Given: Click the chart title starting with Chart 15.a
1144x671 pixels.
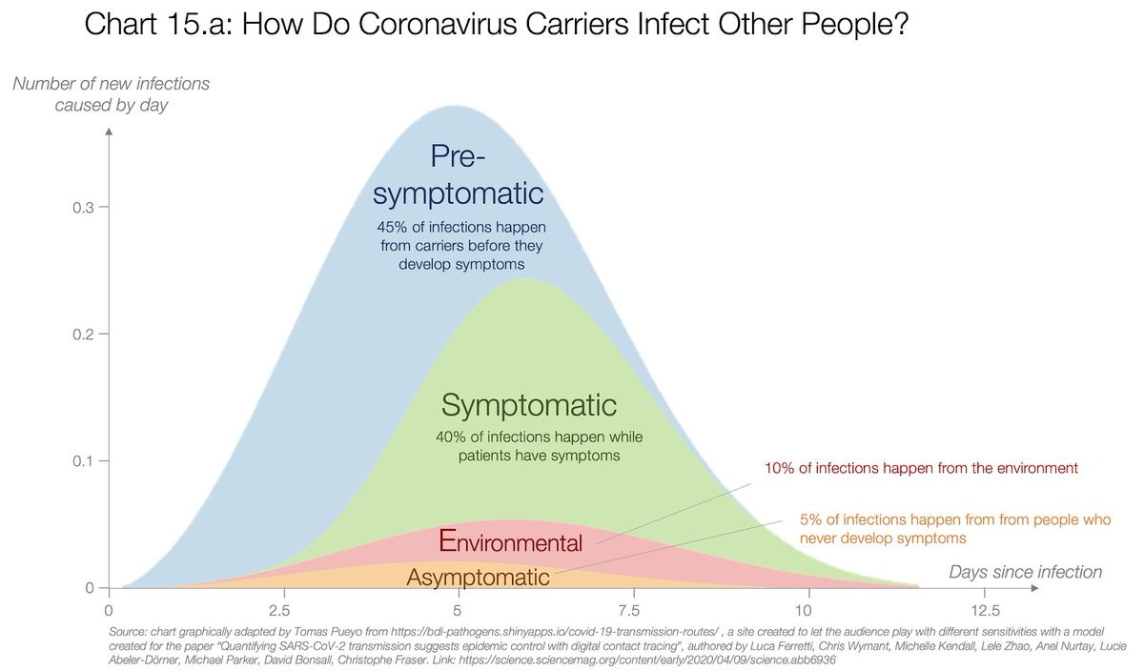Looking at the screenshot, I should (495, 26).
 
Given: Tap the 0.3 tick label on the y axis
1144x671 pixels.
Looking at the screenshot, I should (83, 208).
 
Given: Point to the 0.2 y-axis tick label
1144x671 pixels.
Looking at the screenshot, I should (83, 335).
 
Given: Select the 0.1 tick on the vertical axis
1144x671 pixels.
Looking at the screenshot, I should (83, 461).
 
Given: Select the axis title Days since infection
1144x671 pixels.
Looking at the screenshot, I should (1025, 572).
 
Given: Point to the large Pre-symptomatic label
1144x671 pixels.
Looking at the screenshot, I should (459, 174).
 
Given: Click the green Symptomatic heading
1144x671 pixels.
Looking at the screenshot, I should (529, 405).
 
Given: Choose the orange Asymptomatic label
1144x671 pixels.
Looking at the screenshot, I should (478, 577).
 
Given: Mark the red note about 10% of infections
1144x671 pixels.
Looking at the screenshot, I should (921, 469).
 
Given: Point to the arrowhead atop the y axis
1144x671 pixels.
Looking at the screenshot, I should (110, 130).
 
